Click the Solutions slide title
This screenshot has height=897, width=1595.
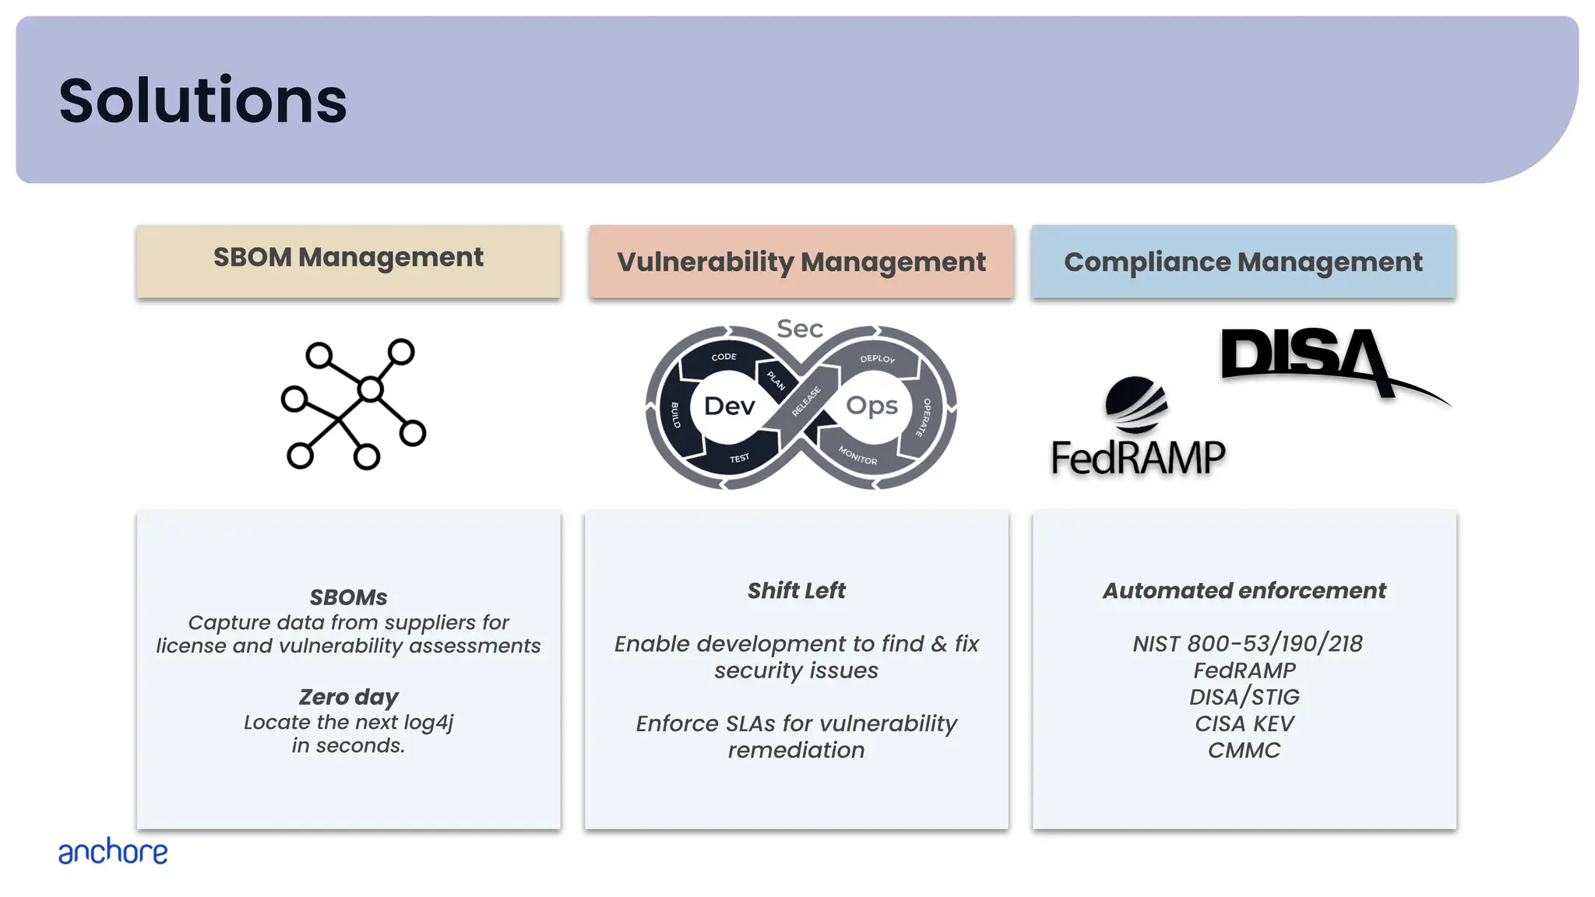tap(202, 100)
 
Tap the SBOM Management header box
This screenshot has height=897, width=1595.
tap(348, 260)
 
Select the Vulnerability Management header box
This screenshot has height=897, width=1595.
tap(801, 262)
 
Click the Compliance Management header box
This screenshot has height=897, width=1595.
tap(1243, 262)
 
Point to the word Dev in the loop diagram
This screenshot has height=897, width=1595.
tap(729, 406)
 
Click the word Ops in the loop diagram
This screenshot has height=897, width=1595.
tap(871, 406)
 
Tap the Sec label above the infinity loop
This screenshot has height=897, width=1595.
tap(800, 329)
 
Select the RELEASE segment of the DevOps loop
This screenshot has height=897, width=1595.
tap(806, 401)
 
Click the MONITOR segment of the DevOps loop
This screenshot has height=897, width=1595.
tap(857, 456)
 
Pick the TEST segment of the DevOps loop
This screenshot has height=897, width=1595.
tap(739, 458)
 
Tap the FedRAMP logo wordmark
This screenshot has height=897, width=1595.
tap(1138, 457)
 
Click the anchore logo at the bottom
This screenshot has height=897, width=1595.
tap(113, 852)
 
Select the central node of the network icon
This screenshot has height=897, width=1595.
tap(371, 389)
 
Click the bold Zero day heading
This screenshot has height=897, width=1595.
tap(348, 697)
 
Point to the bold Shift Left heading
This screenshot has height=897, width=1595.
tap(796, 591)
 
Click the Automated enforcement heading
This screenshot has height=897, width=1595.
tap(1244, 591)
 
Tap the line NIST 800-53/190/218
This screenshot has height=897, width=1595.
tap(1247, 644)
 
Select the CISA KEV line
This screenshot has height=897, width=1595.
tap(1244, 723)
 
